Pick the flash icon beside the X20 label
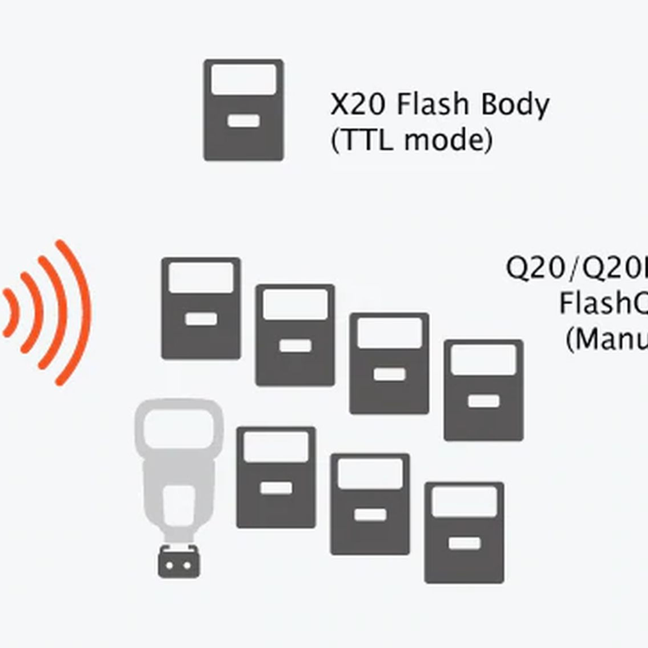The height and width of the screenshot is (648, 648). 244,110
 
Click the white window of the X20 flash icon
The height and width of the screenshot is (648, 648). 244,79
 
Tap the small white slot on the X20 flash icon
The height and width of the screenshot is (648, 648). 244,121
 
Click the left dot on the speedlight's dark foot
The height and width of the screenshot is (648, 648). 170,566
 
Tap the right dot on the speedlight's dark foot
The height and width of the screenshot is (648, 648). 188,566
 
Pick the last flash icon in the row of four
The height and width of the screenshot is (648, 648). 483,390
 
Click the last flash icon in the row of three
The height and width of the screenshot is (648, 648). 464,533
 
